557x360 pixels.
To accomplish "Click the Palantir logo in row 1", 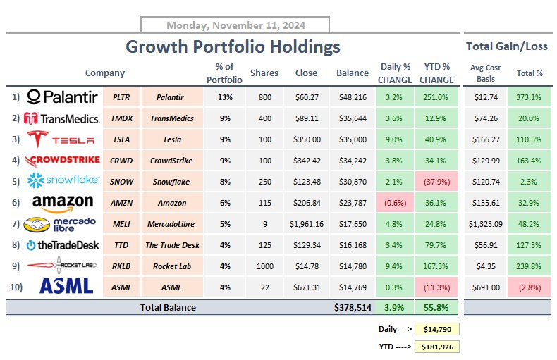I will (62, 97).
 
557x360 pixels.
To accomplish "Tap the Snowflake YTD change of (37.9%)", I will (436, 180).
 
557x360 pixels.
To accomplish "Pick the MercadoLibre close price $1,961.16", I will (307, 224).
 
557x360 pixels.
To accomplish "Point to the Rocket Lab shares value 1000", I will (264, 266).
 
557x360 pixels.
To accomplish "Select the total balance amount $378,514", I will (352, 307).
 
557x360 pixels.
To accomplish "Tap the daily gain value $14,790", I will (437, 329).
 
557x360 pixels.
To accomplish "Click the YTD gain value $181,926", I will (437, 347).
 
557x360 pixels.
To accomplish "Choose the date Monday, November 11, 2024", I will (235, 25).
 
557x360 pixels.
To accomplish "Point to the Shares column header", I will (264, 73).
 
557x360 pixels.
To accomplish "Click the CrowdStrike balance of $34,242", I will (352, 161).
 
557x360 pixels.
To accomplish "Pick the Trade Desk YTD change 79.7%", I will (436, 245).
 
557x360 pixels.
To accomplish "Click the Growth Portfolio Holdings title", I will (233, 47).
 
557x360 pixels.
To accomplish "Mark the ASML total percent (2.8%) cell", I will (530, 287).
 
